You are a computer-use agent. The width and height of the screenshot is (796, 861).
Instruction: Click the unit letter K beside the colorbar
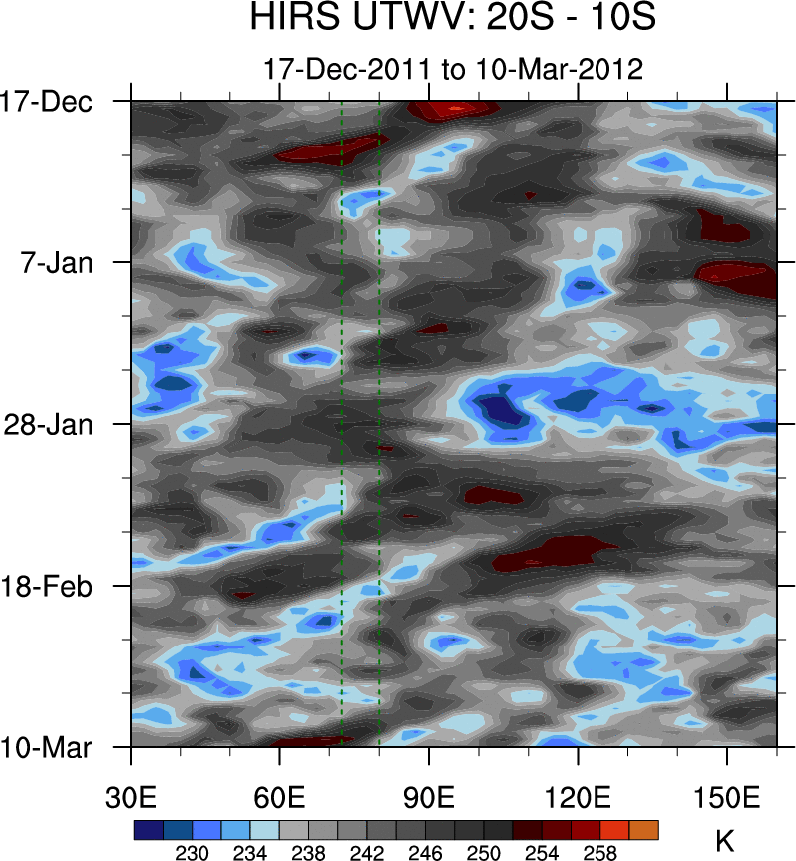point(725,841)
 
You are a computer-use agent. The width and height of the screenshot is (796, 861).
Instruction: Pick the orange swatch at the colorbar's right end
point(643,829)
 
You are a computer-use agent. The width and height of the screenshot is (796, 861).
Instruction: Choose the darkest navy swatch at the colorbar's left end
point(148,829)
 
